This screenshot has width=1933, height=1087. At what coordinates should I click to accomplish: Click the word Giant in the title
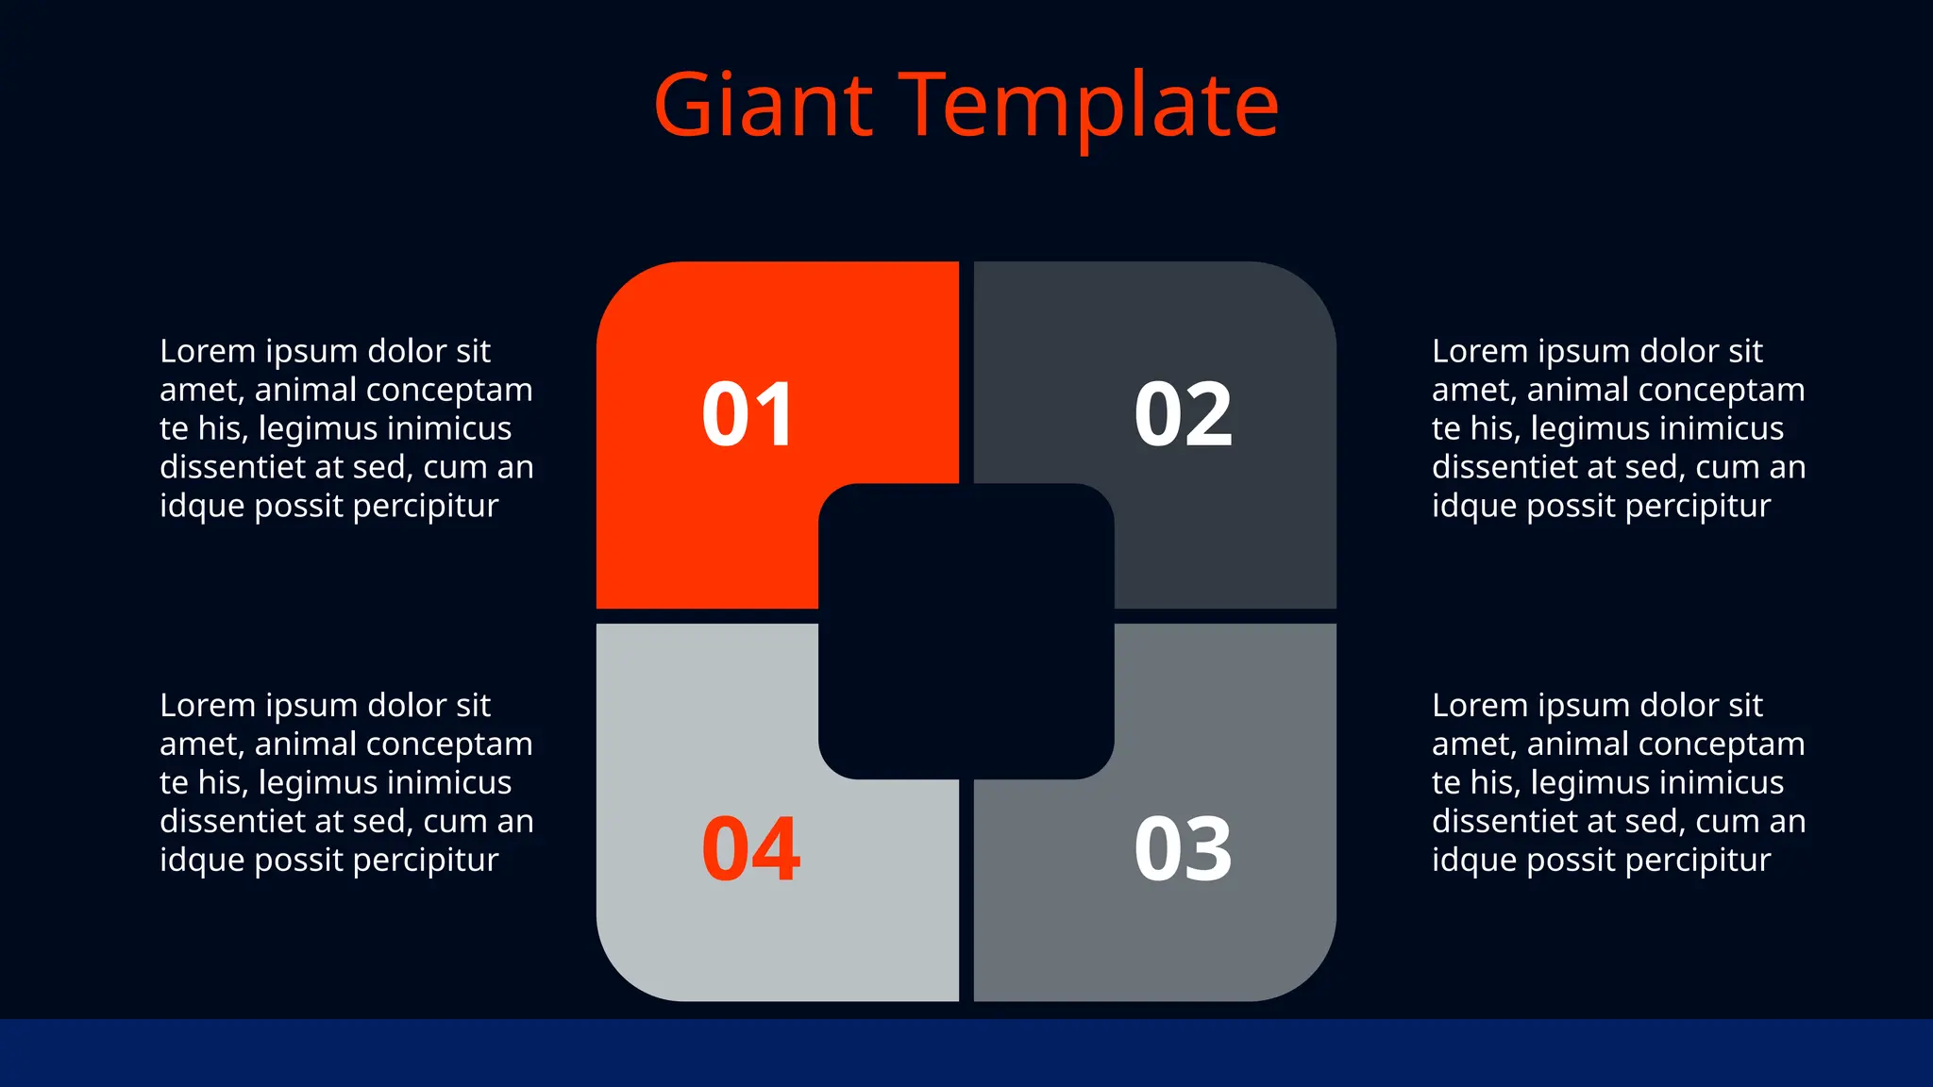[x=763, y=105]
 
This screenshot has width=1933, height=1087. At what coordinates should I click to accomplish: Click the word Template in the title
[x=1090, y=107]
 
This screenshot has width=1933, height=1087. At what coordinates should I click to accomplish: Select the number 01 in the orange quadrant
[x=748, y=414]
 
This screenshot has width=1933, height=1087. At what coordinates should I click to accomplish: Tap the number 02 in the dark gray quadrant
[x=1183, y=414]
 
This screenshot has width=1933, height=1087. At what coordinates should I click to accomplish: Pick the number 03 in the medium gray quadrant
[x=1183, y=849]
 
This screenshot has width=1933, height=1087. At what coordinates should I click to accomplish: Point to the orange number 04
[x=751, y=849]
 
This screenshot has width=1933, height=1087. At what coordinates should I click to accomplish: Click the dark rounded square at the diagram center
[x=966, y=630]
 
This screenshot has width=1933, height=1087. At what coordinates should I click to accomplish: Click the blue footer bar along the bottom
[x=966, y=1052]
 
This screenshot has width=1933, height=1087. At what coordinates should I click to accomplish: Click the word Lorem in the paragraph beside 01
[x=208, y=351]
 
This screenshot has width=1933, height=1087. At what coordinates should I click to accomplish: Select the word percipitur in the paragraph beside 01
[x=425, y=507]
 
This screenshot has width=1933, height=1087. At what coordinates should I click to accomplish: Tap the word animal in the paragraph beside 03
[x=1578, y=744]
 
